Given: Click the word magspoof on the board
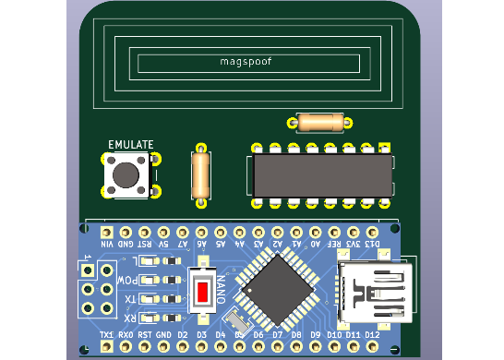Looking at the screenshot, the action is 246,62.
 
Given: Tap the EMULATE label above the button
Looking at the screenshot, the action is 131,145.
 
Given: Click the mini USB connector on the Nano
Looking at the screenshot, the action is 375,292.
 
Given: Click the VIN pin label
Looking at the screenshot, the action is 106,245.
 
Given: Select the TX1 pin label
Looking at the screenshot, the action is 106,334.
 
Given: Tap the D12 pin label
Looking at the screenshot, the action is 371,334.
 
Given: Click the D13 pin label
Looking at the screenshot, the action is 371,245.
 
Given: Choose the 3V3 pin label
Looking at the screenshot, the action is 353,245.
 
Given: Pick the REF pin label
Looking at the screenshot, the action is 333,245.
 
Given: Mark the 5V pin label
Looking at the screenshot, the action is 163,245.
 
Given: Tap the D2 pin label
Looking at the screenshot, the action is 182,334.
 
